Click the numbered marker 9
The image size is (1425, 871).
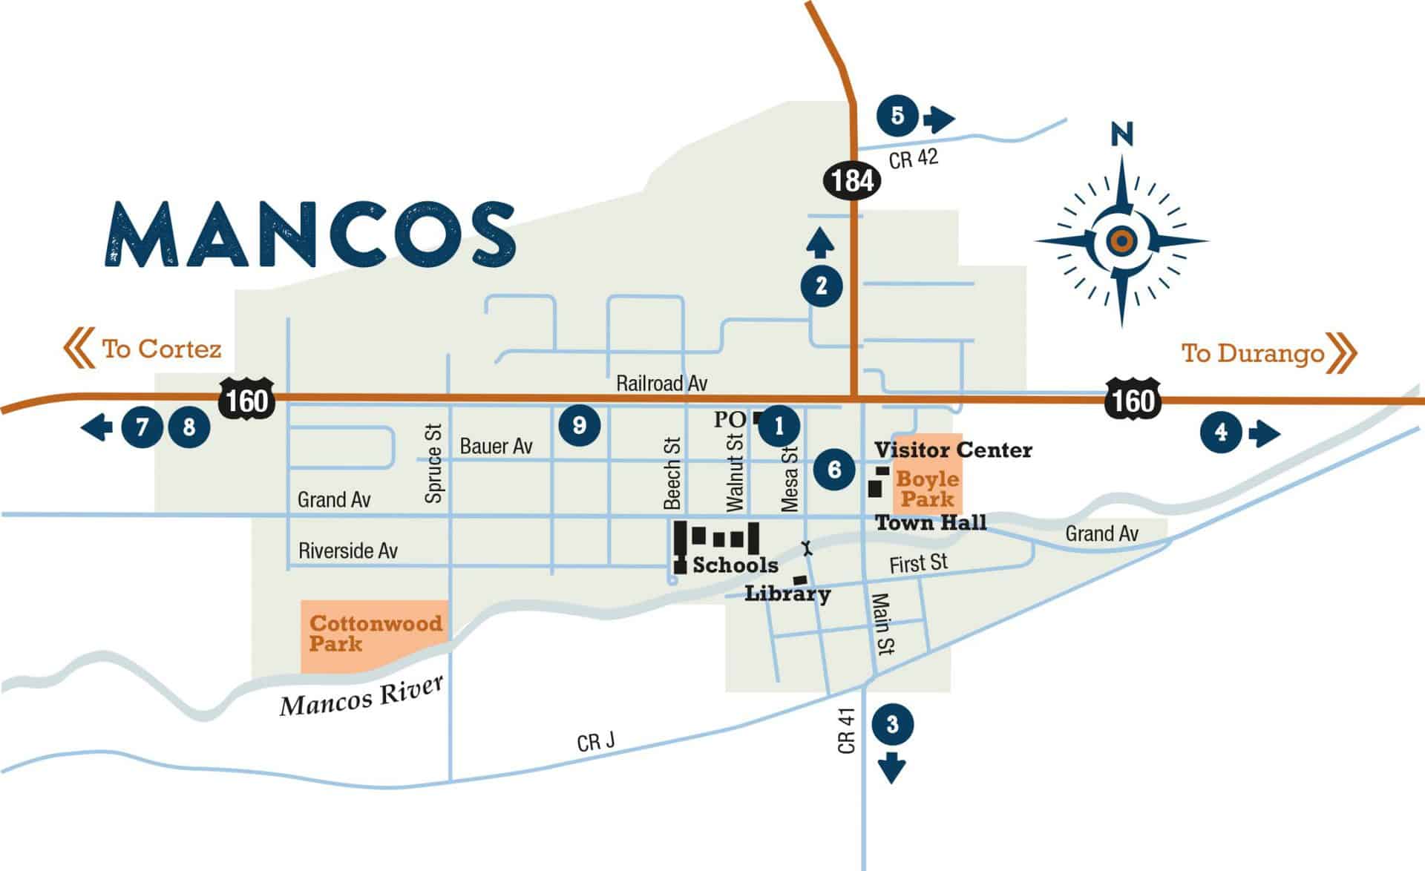pos(579,425)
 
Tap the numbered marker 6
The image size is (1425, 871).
pos(834,469)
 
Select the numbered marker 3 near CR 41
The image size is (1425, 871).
pos(892,724)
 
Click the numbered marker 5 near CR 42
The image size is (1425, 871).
pos(897,116)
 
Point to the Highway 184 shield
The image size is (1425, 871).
pos(852,180)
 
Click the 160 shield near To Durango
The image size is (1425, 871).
pos(1133,401)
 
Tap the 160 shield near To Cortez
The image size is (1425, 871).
pos(247,401)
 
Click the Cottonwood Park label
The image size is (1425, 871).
pos(375,634)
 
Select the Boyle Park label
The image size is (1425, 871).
pos(927,489)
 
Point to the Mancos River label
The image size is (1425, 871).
pos(361,697)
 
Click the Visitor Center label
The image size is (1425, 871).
pos(953,450)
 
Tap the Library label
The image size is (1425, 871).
pos(787,594)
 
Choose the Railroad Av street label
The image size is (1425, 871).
pos(661,384)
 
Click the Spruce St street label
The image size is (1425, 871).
pos(433,464)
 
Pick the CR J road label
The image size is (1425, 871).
pos(595,741)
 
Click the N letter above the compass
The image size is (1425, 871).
pos(1121,135)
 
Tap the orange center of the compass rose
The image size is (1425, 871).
pos(1121,240)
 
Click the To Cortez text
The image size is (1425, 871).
pos(161,349)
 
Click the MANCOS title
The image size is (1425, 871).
pos(310,234)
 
